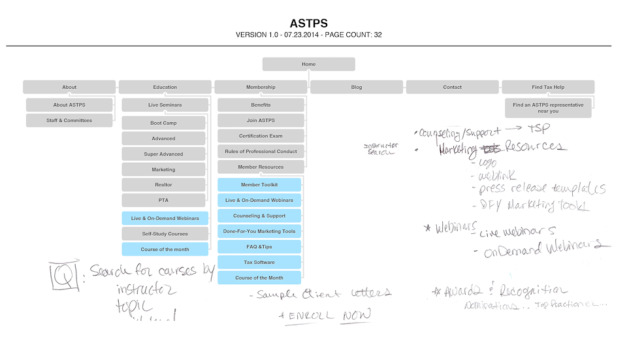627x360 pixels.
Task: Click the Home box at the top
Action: (x=308, y=64)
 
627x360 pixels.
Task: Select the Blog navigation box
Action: (x=356, y=87)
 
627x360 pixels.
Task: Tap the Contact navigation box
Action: (x=452, y=87)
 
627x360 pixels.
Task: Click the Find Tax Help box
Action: (x=547, y=87)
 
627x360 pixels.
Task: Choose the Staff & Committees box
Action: (x=69, y=120)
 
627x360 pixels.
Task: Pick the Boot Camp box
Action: (x=163, y=123)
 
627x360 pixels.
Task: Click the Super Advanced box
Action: (x=163, y=154)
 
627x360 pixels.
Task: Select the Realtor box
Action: (x=163, y=185)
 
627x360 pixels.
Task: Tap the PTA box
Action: (x=163, y=201)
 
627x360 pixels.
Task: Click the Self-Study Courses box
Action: (x=165, y=234)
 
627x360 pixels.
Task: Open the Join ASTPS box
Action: (x=261, y=120)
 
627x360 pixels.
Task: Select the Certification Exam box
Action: (x=261, y=136)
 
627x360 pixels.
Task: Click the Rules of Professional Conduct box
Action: (x=261, y=152)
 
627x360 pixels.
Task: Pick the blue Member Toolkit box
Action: (x=259, y=185)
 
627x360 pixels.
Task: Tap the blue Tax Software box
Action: (x=259, y=263)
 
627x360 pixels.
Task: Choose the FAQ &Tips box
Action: (x=259, y=247)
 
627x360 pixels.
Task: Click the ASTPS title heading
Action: (x=308, y=24)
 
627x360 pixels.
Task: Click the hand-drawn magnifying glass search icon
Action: (x=65, y=275)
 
